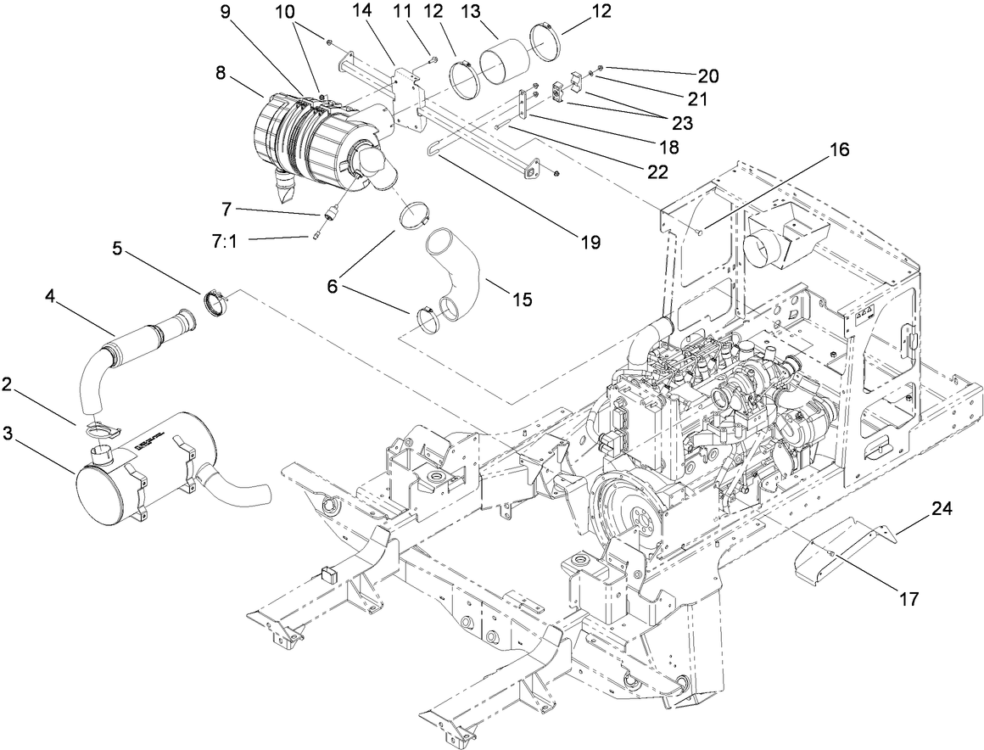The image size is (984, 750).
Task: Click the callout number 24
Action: coord(942,509)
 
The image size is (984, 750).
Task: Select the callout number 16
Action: coord(839,150)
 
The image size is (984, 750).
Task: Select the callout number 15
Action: coord(522,299)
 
